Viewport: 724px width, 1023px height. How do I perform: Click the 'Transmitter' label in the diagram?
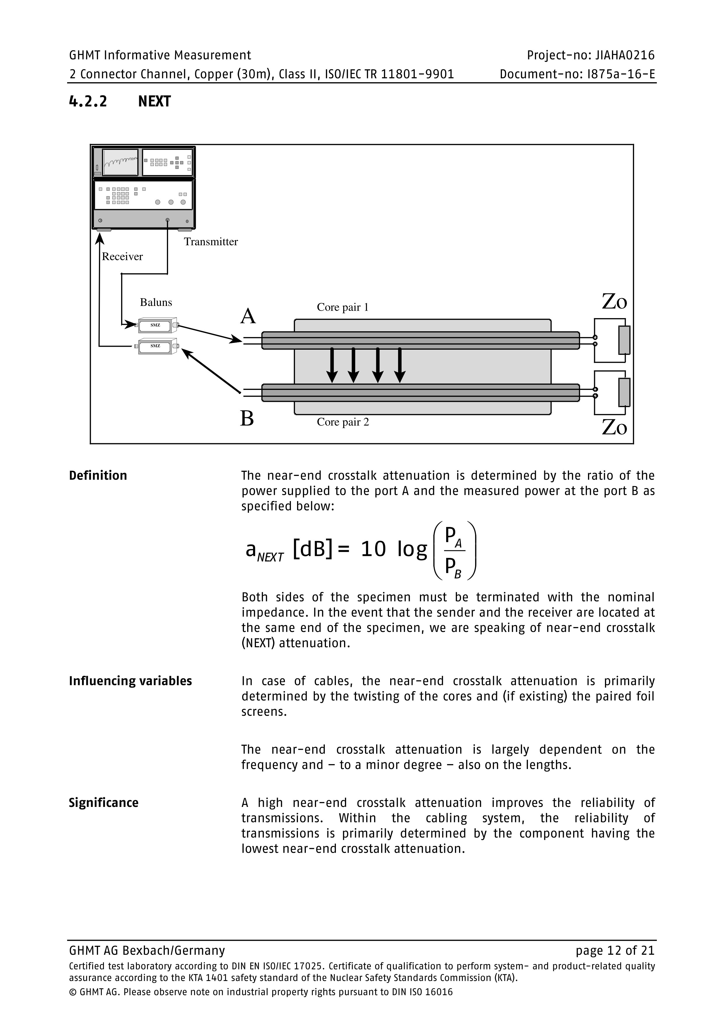coord(211,241)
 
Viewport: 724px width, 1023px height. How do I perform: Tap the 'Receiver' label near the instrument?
coord(122,256)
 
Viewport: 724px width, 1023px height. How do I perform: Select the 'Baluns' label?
coord(156,302)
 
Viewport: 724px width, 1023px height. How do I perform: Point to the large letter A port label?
coord(248,316)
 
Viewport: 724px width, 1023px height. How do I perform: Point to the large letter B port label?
coord(247,418)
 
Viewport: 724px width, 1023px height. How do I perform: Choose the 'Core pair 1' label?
coord(342,307)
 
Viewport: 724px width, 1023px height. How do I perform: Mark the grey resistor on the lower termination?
coord(624,392)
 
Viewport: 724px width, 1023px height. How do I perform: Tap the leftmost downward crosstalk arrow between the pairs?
coord(332,365)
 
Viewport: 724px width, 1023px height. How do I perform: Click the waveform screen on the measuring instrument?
coord(120,162)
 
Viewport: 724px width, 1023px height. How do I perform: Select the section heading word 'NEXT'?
coord(154,101)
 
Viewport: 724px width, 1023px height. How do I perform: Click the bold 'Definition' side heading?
coord(98,475)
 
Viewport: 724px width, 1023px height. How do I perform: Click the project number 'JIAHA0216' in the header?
coord(624,55)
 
